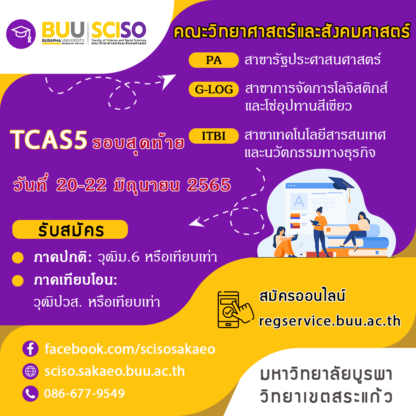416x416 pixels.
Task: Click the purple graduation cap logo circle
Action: pos(21,34)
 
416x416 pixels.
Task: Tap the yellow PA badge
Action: pos(213,60)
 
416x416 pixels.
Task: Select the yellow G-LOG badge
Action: pos(213,89)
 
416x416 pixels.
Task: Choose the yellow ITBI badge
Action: pos(213,136)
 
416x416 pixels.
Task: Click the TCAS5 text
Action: pos(49,139)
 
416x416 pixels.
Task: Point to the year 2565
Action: pos(209,185)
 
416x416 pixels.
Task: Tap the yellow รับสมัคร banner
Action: pos(70,230)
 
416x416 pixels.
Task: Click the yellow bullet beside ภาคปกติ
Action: pos(18,258)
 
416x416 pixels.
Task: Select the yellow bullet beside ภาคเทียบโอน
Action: pos(18,281)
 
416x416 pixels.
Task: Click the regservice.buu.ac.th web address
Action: pos(329,321)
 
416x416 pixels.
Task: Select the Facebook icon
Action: pos(30,348)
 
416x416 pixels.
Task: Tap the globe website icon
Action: pos(30,371)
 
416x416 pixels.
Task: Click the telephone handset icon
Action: pos(30,394)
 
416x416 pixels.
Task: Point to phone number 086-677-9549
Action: pos(84,393)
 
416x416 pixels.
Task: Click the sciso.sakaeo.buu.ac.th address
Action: pos(115,371)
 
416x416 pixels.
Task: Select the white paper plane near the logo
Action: pos(167,81)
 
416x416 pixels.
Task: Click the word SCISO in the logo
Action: pos(119,30)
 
